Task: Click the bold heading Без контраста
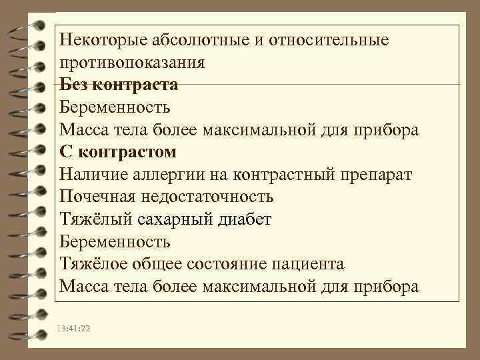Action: (x=118, y=85)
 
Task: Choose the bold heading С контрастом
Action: (x=117, y=152)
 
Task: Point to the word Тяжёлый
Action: (x=92, y=219)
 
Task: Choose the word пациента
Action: (x=307, y=264)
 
